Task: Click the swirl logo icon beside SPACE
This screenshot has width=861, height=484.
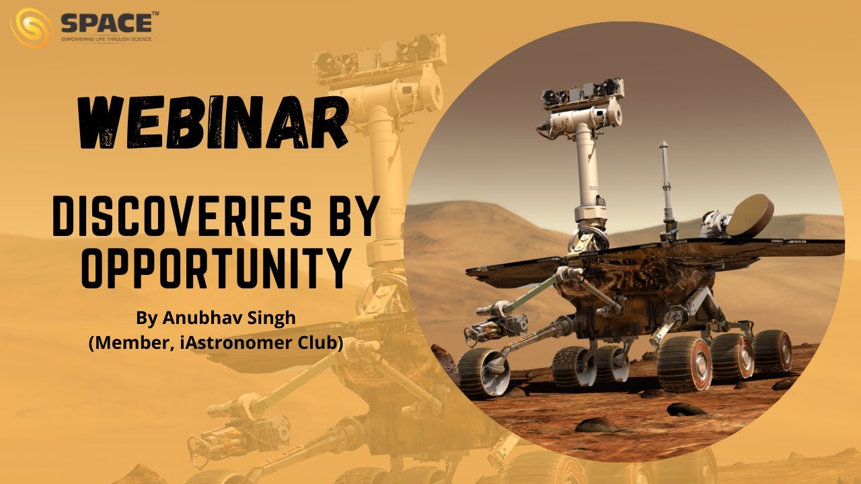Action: pos(30,28)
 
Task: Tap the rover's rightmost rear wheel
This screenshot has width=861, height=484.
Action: pos(772,350)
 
